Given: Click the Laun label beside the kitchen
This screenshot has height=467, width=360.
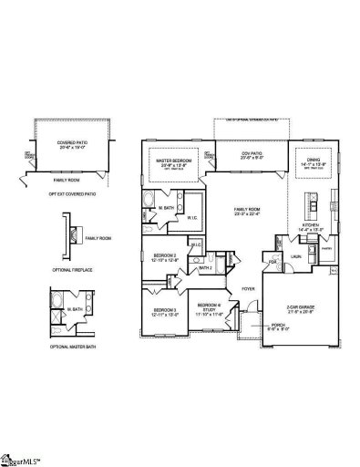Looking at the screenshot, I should click(296, 257).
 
